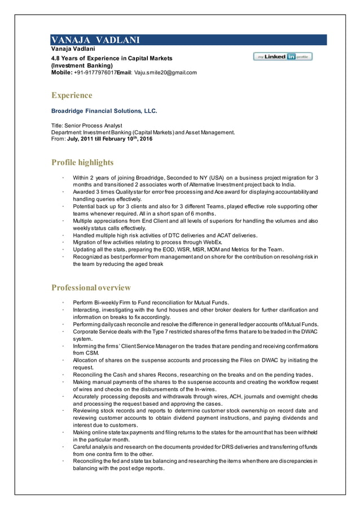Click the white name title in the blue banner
tap(95, 40)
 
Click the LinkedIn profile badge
tap(283, 56)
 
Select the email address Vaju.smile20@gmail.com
tap(165, 73)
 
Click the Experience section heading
tap(72, 95)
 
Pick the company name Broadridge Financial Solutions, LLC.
tap(104, 111)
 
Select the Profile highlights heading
tap(82, 163)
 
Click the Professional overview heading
tap(91, 288)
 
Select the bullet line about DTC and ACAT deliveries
tap(165, 235)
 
